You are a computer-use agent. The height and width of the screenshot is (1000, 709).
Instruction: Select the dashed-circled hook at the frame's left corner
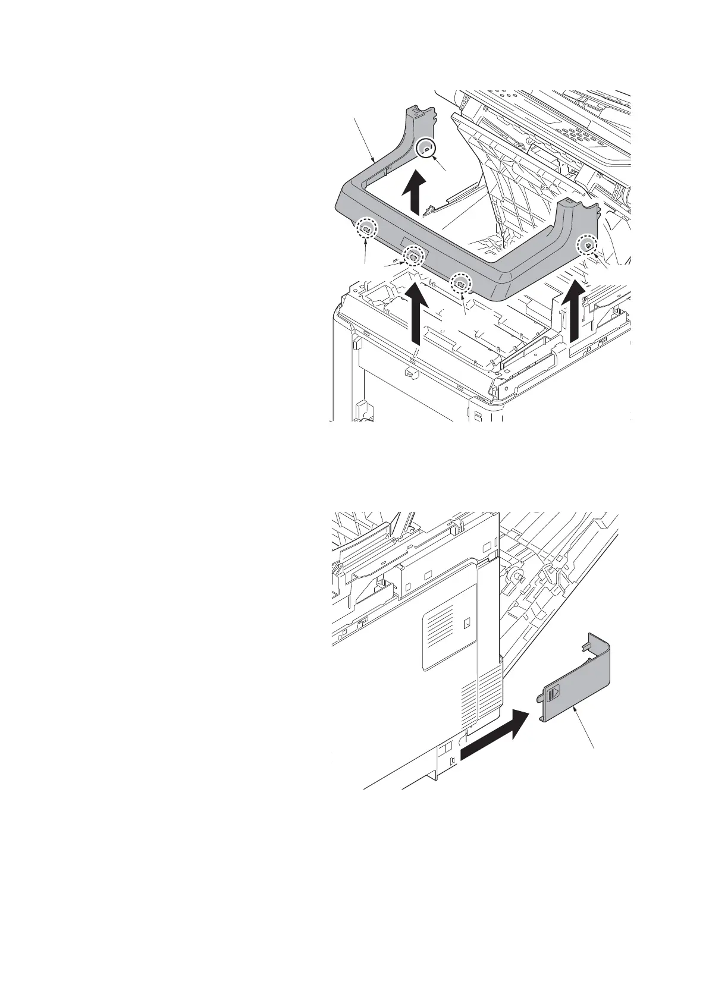366,228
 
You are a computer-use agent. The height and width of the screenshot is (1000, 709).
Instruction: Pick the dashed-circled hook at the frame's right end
587,244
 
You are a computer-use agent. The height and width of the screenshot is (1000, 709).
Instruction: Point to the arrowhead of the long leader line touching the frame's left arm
374,161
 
